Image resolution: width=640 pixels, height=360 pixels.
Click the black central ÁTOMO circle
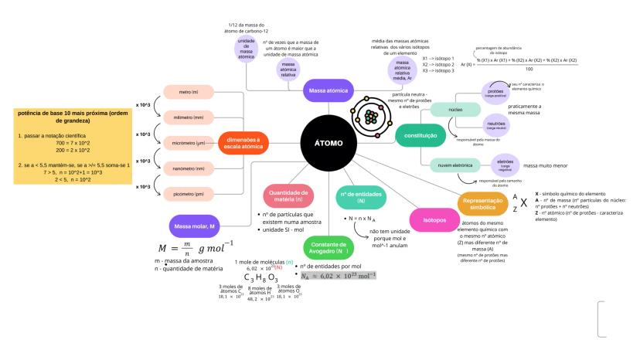click(328, 144)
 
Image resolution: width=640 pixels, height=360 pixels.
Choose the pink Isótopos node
click(434, 219)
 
